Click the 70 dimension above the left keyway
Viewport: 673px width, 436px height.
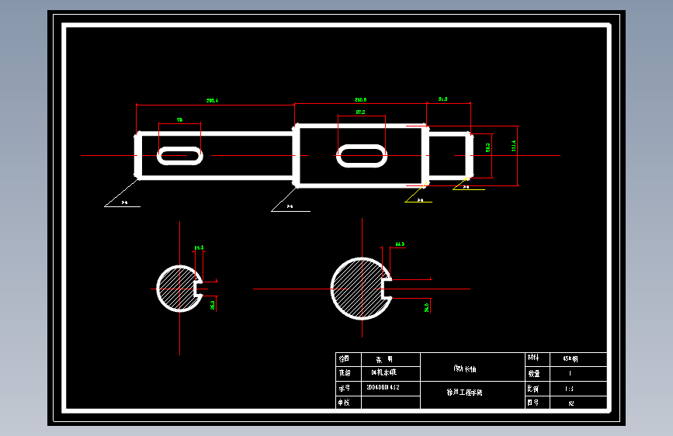point(179,120)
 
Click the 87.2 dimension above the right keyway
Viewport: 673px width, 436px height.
point(360,112)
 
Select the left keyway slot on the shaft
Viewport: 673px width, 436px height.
point(180,155)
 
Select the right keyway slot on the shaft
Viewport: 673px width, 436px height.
point(361,155)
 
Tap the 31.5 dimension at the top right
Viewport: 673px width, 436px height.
point(443,99)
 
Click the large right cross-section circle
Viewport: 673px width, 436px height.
point(358,289)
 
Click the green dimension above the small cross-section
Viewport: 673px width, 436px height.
point(199,248)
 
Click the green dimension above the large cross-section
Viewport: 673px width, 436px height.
point(400,244)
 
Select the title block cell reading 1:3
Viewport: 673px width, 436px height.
point(570,388)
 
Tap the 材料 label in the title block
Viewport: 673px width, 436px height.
point(533,359)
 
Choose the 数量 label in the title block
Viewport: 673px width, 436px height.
point(533,373)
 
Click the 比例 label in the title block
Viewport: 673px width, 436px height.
point(533,388)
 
